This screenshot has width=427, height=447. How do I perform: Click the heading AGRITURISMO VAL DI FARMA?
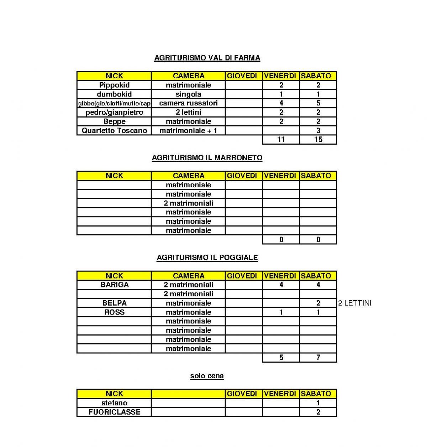pos(207,58)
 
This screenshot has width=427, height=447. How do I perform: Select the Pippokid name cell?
pos(114,85)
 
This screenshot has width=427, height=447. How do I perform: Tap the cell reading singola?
pos(188,94)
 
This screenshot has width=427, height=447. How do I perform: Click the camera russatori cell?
pos(188,103)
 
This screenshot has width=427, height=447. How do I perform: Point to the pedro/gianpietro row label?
pos(114,112)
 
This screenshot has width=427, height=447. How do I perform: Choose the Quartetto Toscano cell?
pos(114,130)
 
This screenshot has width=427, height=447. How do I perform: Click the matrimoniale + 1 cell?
pos(188,130)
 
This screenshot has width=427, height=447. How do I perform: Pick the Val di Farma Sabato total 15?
pos(318,139)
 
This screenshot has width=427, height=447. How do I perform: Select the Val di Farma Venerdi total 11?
pos(281,139)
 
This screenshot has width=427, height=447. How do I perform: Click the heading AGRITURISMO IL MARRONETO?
pos(207,158)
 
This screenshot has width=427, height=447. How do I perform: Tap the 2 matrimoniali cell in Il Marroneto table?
pos(188,203)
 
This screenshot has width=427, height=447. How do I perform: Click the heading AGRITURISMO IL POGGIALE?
pos(207,258)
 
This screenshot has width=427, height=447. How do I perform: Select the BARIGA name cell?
pos(114,285)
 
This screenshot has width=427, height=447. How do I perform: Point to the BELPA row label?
pos(114,303)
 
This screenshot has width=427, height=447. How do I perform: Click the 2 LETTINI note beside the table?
pos(354,303)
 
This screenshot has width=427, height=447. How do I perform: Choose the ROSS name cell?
pos(114,312)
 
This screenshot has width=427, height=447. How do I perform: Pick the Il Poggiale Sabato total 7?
pos(318,357)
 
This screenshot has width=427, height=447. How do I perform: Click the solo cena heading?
pos(207,376)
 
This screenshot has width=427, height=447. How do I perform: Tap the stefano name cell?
pos(114,403)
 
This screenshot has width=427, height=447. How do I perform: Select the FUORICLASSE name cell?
pos(114,412)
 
